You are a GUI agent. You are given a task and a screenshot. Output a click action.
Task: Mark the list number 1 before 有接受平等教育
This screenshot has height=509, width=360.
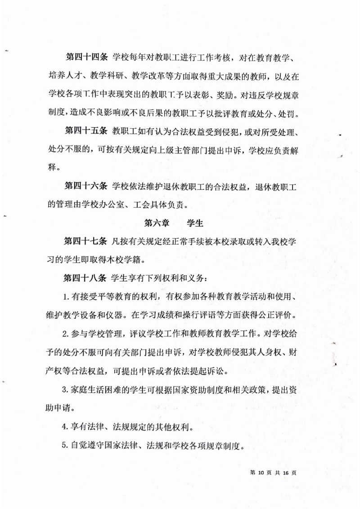click(x=65, y=297)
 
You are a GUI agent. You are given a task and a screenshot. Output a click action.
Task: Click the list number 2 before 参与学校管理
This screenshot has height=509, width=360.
click(x=65, y=334)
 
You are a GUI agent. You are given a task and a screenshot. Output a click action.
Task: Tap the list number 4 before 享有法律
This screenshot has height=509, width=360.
click(x=65, y=426)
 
